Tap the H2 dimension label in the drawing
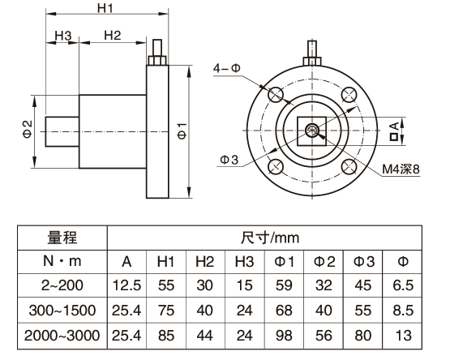click(x=113, y=36)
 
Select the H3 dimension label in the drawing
click(x=64, y=36)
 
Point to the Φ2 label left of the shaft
click(x=27, y=130)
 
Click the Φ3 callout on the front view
click(x=229, y=160)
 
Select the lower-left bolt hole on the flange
click(x=274, y=167)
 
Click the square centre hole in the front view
click(x=311, y=130)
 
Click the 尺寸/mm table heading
click(x=270, y=238)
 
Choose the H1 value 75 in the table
click(x=165, y=309)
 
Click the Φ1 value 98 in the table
click(x=284, y=333)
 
